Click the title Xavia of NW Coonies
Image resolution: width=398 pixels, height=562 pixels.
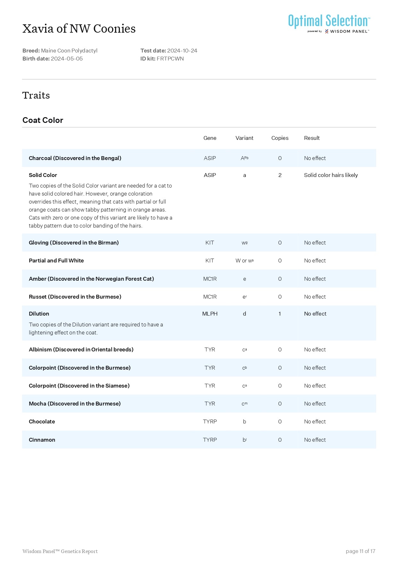[79, 29]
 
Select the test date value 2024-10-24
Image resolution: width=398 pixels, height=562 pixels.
[182, 51]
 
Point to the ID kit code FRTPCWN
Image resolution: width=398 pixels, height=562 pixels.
[170, 59]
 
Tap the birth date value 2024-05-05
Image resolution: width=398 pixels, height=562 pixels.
[67, 59]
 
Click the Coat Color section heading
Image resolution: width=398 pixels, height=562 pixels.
[43, 120]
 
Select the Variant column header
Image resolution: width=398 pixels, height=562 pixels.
[244, 138]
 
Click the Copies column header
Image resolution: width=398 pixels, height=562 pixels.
[280, 138]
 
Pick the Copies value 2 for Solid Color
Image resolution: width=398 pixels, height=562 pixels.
[280, 175]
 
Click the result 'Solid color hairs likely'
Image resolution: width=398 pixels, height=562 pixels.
[331, 175]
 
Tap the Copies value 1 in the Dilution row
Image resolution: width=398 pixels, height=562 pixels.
[280, 314]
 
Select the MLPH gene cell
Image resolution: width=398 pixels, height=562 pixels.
[210, 314]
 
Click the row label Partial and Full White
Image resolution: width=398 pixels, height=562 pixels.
[56, 261]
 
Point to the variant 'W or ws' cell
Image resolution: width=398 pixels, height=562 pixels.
[245, 261]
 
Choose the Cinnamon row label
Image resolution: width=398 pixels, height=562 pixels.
[42, 440]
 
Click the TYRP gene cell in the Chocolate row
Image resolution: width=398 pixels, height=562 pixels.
[210, 421]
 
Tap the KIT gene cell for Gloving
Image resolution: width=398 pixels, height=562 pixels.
[210, 243]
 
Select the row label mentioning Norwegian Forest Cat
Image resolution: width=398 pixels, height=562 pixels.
[91, 279]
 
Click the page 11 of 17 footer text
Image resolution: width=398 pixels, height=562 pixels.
[360, 551]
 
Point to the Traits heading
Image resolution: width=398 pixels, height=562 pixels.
[36, 95]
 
